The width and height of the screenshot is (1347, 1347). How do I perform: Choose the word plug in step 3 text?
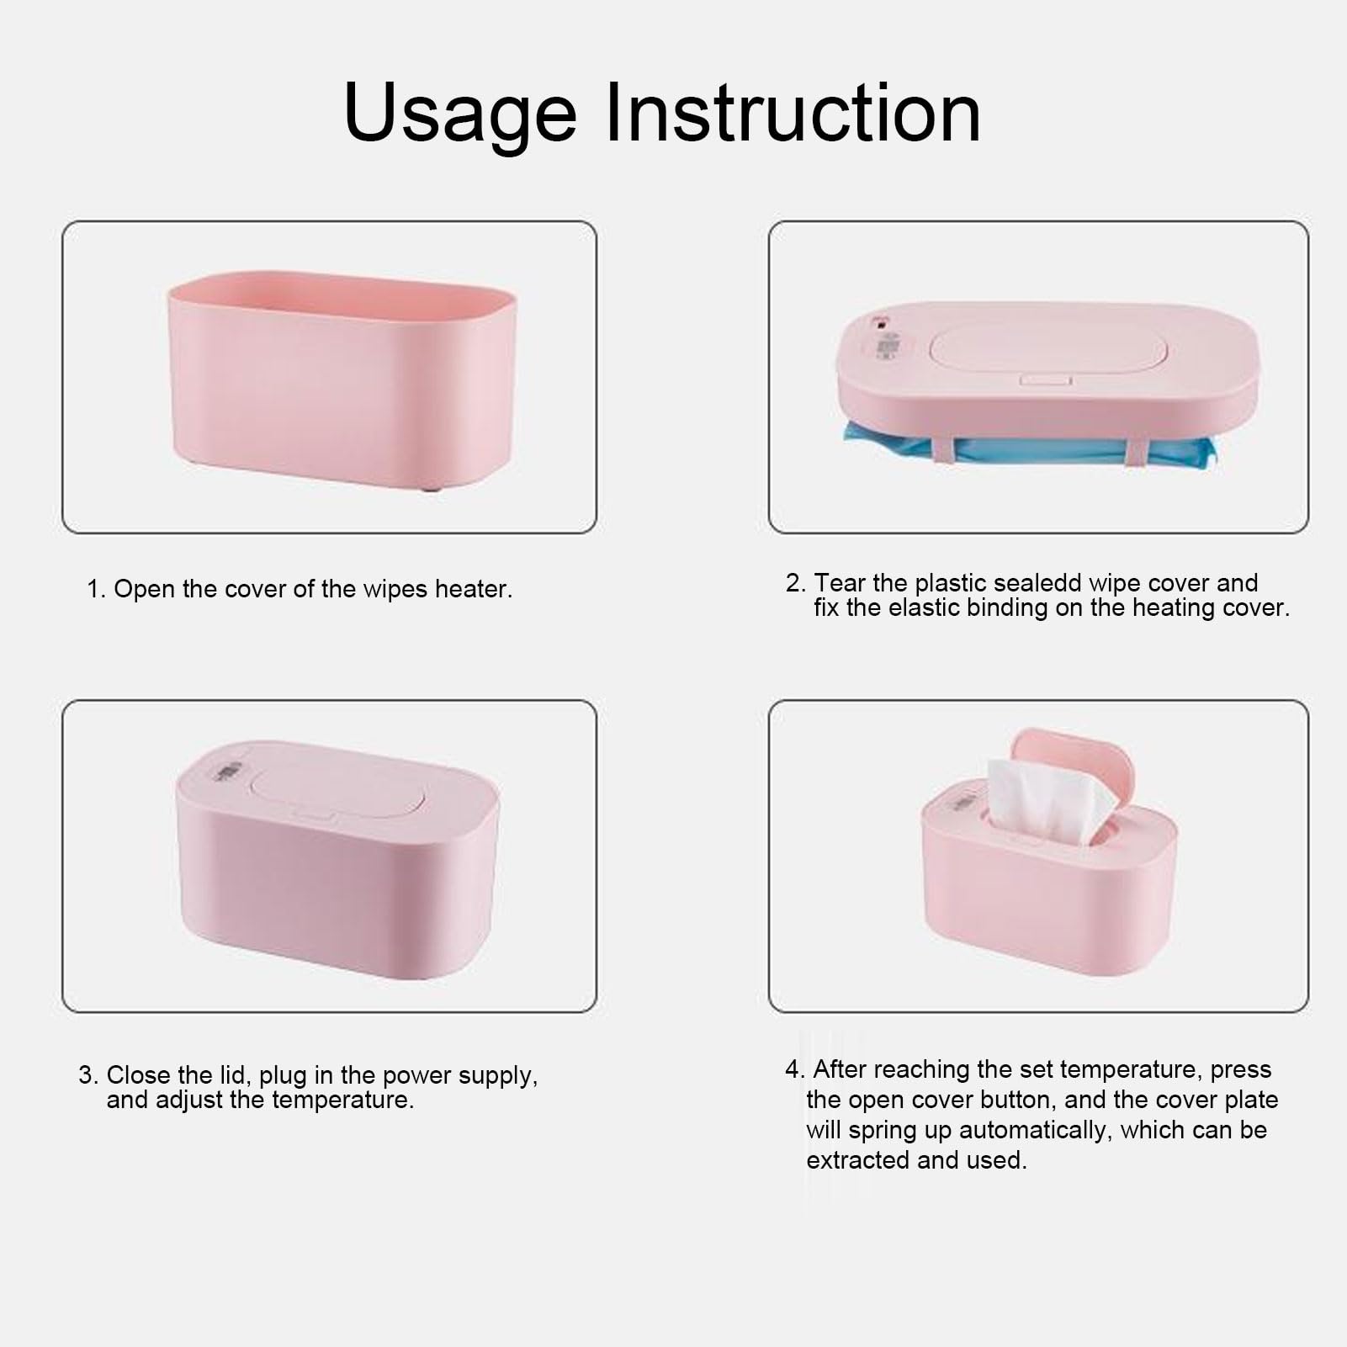click(283, 1075)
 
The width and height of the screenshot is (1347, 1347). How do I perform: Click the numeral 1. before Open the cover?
click(96, 589)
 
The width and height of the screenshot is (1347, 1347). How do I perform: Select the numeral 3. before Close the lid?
click(88, 1075)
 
